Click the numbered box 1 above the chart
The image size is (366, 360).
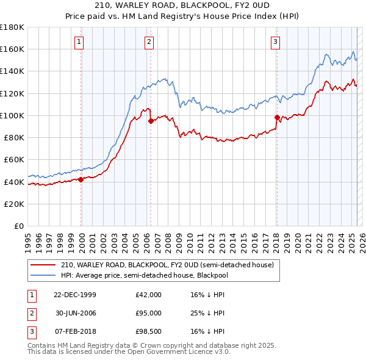(x=80, y=42)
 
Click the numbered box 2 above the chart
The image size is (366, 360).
(x=149, y=42)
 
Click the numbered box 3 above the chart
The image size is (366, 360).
(x=275, y=42)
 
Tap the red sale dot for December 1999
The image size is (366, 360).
(x=81, y=179)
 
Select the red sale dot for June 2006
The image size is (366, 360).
(x=151, y=121)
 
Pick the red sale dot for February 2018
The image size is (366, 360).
(x=277, y=117)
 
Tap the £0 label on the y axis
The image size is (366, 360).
(x=19, y=226)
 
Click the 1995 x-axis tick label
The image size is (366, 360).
(x=28, y=239)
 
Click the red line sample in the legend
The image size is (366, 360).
(x=43, y=265)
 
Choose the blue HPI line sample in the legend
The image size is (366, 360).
(x=43, y=275)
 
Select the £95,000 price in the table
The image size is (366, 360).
(x=148, y=313)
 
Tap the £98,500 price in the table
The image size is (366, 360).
(x=148, y=331)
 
